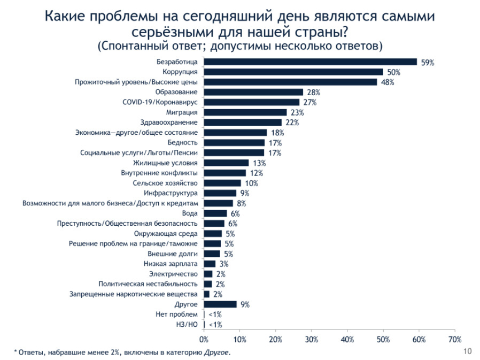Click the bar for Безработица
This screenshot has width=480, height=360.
point(310,62)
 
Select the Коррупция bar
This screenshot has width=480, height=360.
point(293,72)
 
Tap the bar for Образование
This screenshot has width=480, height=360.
point(253,92)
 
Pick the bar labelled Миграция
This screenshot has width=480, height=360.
point(245,112)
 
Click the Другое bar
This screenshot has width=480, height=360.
point(220,304)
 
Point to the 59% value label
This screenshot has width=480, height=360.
point(428,63)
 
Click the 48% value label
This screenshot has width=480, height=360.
point(388,82)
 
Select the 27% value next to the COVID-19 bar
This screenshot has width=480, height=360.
point(309,102)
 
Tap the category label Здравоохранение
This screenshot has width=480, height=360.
point(168,122)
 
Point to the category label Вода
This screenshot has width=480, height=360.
point(190,213)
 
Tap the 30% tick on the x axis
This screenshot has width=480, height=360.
point(312,339)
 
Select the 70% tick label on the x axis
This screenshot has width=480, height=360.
point(455,339)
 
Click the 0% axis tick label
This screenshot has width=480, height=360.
point(204,339)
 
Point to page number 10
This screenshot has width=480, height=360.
point(467,351)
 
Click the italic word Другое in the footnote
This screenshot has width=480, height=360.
point(216,353)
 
